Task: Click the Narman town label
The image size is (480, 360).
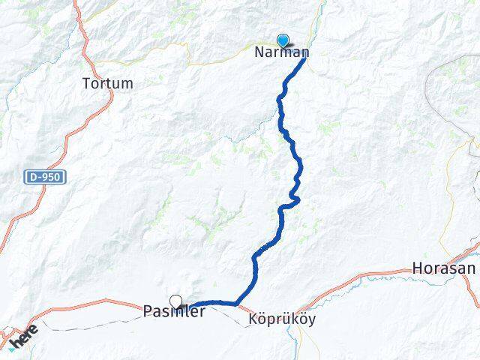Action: tap(281, 52)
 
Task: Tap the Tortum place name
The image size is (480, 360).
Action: tap(107, 83)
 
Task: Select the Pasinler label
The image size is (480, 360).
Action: tap(174, 312)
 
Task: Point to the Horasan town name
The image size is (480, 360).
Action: tap(444, 268)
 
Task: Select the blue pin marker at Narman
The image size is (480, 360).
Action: tap(283, 40)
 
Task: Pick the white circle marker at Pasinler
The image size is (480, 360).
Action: tap(175, 301)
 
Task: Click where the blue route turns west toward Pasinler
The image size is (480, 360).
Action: tap(237, 303)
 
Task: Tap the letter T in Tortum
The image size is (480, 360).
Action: tap(85, 83)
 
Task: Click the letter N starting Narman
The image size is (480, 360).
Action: tap(259, 52)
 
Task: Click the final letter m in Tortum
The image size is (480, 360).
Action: tap(128, 84)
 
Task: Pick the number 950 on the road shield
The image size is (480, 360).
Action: tap(52, 178)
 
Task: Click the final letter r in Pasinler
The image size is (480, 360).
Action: tap(202, 313)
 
